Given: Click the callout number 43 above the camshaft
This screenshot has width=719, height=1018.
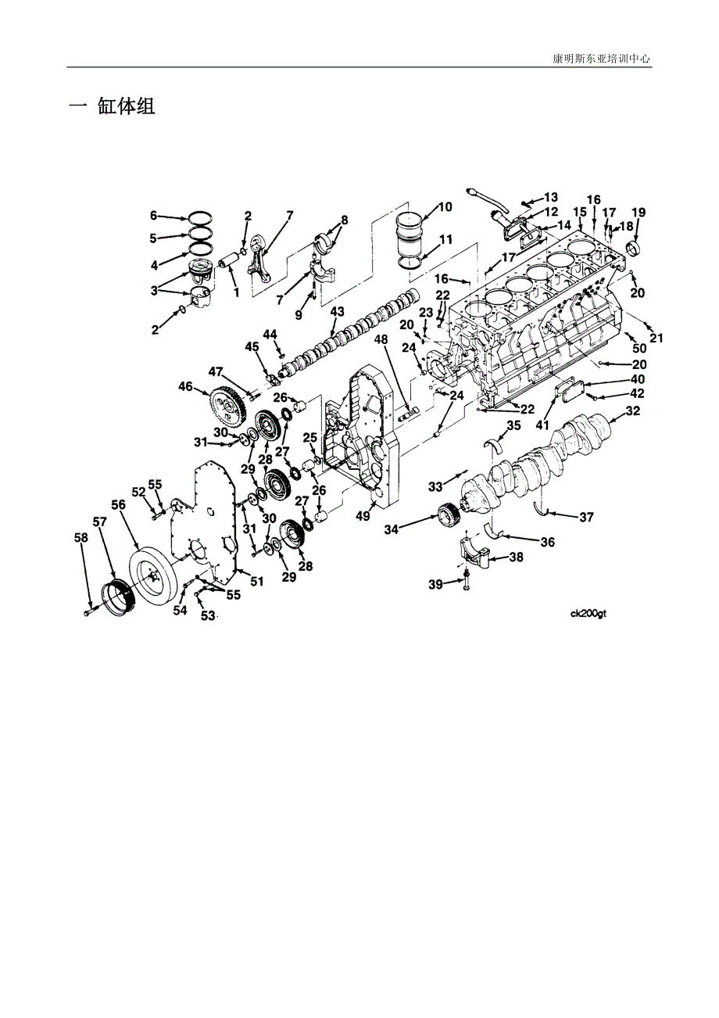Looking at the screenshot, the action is pos(337,312).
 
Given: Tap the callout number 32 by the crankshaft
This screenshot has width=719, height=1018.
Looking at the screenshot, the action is pos(633,410).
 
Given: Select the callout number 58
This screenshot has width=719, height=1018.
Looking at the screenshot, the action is pos(81,538).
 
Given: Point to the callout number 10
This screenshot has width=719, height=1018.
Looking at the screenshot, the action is pos(445,206).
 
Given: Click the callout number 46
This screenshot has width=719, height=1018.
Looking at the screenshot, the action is pos(186,387).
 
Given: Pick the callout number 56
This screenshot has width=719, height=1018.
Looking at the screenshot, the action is pos(119,505).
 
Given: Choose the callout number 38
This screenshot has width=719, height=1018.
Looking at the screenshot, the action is pos(516,557).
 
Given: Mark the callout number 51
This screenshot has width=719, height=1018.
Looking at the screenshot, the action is pos(257,581).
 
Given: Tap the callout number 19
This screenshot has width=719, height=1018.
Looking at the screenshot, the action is pos(639,212).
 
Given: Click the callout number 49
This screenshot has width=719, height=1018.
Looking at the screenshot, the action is pos(363,517).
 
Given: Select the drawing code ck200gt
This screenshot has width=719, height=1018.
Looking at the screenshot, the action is pos(588,615).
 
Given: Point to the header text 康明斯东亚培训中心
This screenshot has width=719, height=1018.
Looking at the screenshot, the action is pos(601,59).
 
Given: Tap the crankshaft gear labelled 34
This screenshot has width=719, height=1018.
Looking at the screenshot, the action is pos(449,516).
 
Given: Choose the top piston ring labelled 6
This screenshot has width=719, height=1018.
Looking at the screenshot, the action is pos(200,219).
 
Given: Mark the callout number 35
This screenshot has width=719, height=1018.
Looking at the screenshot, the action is pos(513,425).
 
